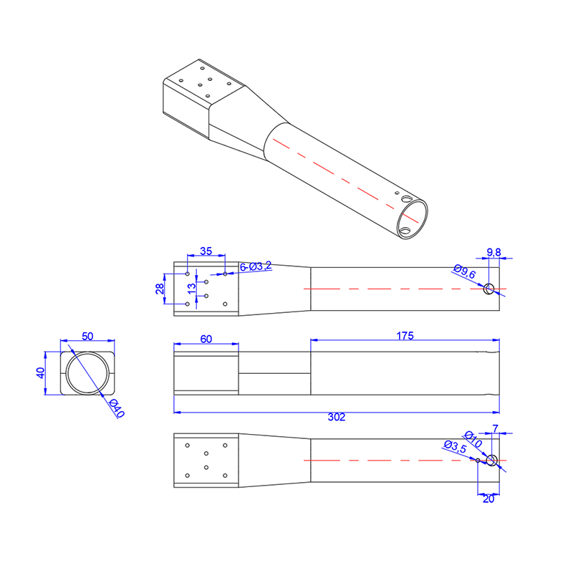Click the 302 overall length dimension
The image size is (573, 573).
[x=337, y=417]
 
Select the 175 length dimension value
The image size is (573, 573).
[x=405, y=335]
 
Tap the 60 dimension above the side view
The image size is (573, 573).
[x=206, y=339]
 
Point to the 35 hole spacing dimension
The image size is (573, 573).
[x=206, y=251]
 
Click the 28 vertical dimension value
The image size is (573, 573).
[x=160, y=289]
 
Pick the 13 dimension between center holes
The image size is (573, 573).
[x=191, y=289]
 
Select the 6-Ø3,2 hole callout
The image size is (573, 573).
[x=256, y=266]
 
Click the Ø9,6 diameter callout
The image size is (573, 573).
[x=464, y=271]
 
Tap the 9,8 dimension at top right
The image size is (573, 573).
[x=493, y=252]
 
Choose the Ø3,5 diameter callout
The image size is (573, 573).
[x=456, y=446]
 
